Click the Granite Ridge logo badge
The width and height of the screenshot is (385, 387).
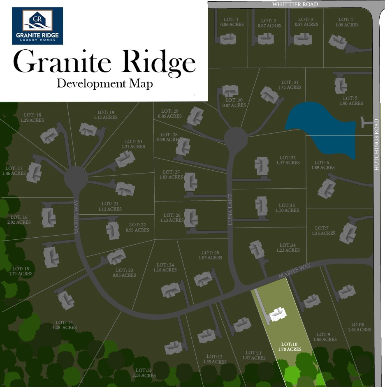[x=37, y=25]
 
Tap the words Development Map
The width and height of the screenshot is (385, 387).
[x=104, y=83]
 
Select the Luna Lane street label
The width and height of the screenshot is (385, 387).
[x=231, y=209]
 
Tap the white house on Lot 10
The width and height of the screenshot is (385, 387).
[x=278, y=315]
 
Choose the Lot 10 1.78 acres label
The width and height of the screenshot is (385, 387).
[x=290, y=346]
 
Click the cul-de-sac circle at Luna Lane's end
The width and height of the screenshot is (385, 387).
[x=236, y=139]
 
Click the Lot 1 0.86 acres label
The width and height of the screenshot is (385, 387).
[x=232, y=22]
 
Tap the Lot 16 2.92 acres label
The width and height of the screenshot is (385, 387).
[x=19, y=220]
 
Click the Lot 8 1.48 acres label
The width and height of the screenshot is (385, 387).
[x=359, y=327]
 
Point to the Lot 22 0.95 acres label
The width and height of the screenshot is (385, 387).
[x=137, y=227]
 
